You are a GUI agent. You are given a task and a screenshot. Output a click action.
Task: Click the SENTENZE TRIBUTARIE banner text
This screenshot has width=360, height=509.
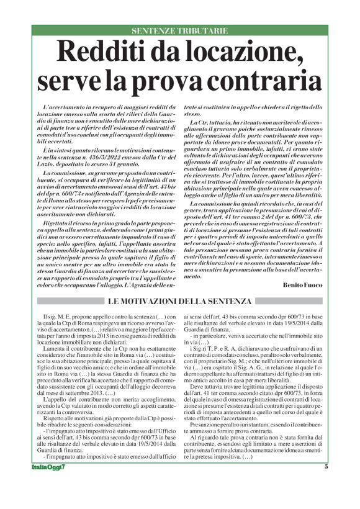180,30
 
